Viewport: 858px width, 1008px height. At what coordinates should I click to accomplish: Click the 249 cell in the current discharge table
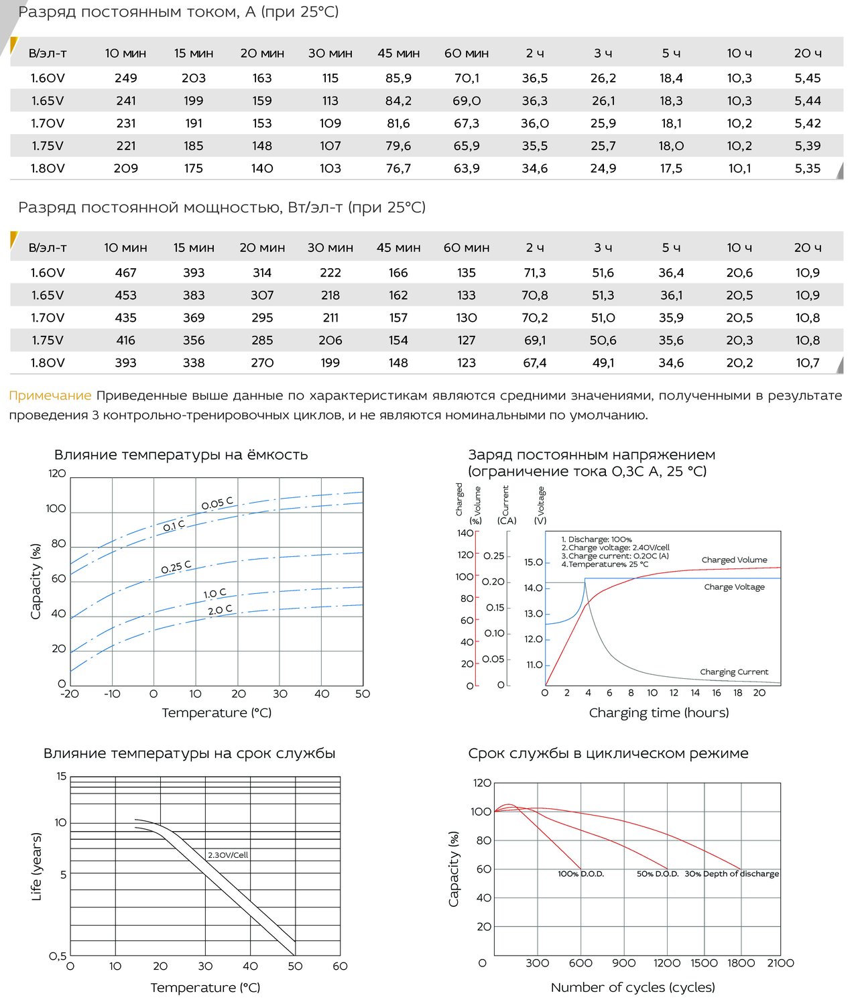[x=126, y=78]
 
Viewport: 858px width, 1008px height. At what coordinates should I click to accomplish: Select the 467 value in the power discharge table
[x=126, y=273]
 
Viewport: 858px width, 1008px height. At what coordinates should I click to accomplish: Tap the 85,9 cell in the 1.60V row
[x=399, y=78]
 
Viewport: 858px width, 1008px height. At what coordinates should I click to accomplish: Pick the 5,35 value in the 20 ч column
[x=808, y=168]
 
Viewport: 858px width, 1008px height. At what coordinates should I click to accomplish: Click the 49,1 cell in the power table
[x=603, y=363]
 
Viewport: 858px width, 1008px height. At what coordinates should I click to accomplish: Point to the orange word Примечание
[x=50, y=395]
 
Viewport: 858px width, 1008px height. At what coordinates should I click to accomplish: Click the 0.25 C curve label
[x=176, y=567]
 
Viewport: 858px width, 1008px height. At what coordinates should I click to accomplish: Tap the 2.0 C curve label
[x=220, y=610]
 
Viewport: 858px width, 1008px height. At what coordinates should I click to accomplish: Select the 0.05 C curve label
[x=218, y=503]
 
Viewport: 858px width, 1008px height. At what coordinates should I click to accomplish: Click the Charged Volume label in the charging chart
[x=734, y=560]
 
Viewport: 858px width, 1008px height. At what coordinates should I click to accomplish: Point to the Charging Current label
[x=734, y=672]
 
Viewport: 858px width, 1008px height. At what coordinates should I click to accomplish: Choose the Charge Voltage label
[x=734, y=586]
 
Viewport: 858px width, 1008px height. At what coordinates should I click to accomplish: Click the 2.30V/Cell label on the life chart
[x=228, y=855]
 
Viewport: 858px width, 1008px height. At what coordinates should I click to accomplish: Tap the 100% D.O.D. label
[x=581, y=874]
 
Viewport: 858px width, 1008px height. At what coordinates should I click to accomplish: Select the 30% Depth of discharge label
[x=732, y=874]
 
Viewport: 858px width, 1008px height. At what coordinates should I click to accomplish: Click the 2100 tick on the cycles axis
[x=780, y=963]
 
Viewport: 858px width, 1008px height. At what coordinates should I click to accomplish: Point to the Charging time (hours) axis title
[x=659, y=712]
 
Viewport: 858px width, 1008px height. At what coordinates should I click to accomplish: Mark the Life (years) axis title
[x=36, y=867]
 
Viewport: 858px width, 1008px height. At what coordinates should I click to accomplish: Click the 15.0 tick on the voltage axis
[x=533, y=562]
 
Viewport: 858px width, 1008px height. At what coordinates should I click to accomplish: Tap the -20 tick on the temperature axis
[x=69, y=694]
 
